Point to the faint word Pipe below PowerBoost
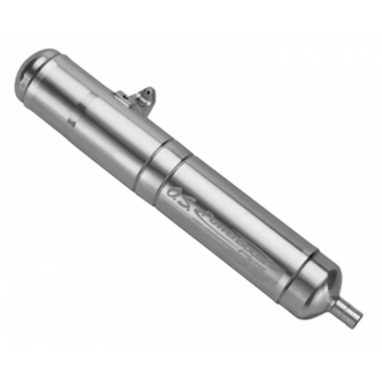260,261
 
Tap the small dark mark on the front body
72,122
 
